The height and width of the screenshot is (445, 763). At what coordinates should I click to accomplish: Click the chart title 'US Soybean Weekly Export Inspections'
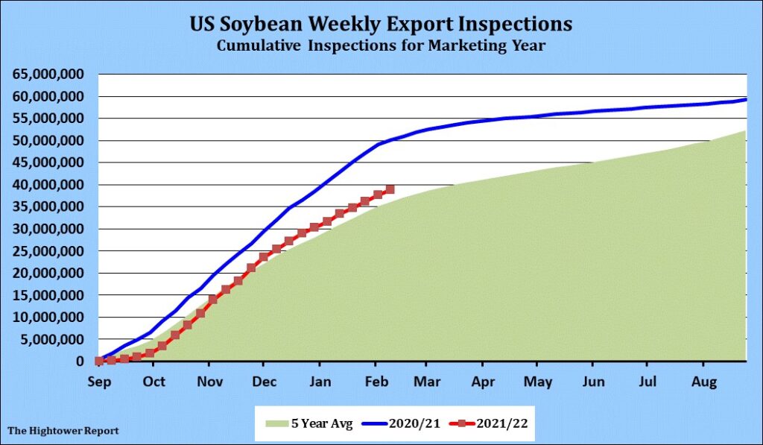pyautogui.click(x=381, y=24)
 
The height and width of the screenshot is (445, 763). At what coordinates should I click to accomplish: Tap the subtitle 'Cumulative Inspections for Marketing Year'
pyautogui.click(x=381, y=46)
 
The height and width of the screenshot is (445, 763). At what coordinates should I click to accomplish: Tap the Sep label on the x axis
pyautogui.click(x=99, y=382)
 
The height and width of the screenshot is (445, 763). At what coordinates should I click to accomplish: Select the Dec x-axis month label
pyautogui.click(x=264, y=382)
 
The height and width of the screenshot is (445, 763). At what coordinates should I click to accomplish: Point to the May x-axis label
pyautogui.click(x=538, y=382)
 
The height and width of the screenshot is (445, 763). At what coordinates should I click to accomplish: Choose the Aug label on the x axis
pyautogui.click(x=703, y=382)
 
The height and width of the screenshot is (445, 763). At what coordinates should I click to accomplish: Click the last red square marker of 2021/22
pyautogui.click(x=390, y=189)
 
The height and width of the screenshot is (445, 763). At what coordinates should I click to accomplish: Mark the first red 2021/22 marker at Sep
pyautogui.click(x=99, y=361)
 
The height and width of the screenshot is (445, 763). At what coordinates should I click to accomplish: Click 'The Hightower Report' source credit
pyautogui.click(x=63, y=431)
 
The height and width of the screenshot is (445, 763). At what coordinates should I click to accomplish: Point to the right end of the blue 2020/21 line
pyautogui.click(x=746, y=99)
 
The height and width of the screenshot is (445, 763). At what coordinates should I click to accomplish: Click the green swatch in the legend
pyautogui.click(x=276, y=423)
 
